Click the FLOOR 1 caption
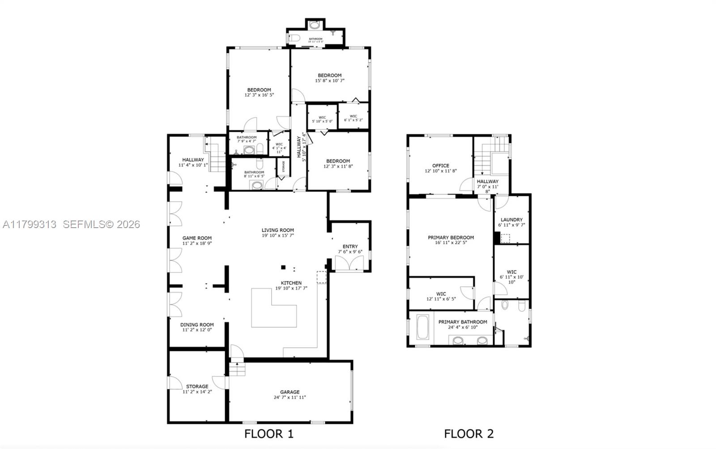(x=269, y=434)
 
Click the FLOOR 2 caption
(x=469, y=434)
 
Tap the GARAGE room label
(x=290, y=392)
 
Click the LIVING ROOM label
(x=278, y=230)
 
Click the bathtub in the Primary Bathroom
(x=422, y=327)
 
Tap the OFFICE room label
(x=440, y=166)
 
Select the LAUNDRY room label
(x=511, y=220)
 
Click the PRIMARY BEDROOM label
(x=451, y=237)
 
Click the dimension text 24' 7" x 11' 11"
(x=290, y=397)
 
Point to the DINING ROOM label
(x=197, y=325)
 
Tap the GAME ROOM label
(x=197, y=238)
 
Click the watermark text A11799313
(x=30, y=224)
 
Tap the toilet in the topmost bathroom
(x=294, y=39)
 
